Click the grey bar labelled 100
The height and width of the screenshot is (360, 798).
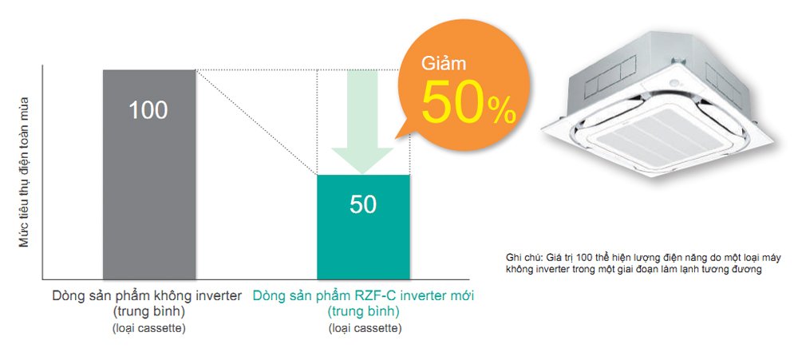[149, 175]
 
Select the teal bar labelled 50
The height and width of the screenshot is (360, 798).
[363, 227]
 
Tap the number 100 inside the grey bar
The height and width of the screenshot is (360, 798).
[148, 110]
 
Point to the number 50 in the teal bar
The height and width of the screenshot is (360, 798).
[363, 204]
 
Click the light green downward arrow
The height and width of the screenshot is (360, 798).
[362, 122]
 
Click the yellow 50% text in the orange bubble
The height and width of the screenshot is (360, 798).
[468, 102]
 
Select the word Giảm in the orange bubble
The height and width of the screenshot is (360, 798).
[443, 64]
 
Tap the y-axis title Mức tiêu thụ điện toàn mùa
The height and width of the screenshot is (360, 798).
[24, 172]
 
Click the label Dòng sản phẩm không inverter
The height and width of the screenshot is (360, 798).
[147, 296]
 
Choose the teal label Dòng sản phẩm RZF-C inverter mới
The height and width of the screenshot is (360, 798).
[363, 296]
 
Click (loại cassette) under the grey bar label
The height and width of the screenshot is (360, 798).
[148, 328]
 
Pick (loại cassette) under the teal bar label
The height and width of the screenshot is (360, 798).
[365, 328]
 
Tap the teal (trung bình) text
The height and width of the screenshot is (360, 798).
[363, 311]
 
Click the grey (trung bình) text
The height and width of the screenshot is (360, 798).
[148, 311]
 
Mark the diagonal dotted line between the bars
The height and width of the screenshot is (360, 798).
[256, 122]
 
